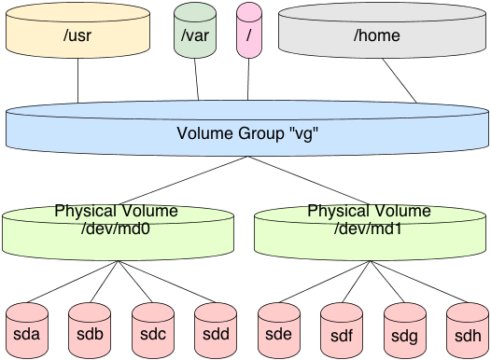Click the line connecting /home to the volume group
tap(400, 85)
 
